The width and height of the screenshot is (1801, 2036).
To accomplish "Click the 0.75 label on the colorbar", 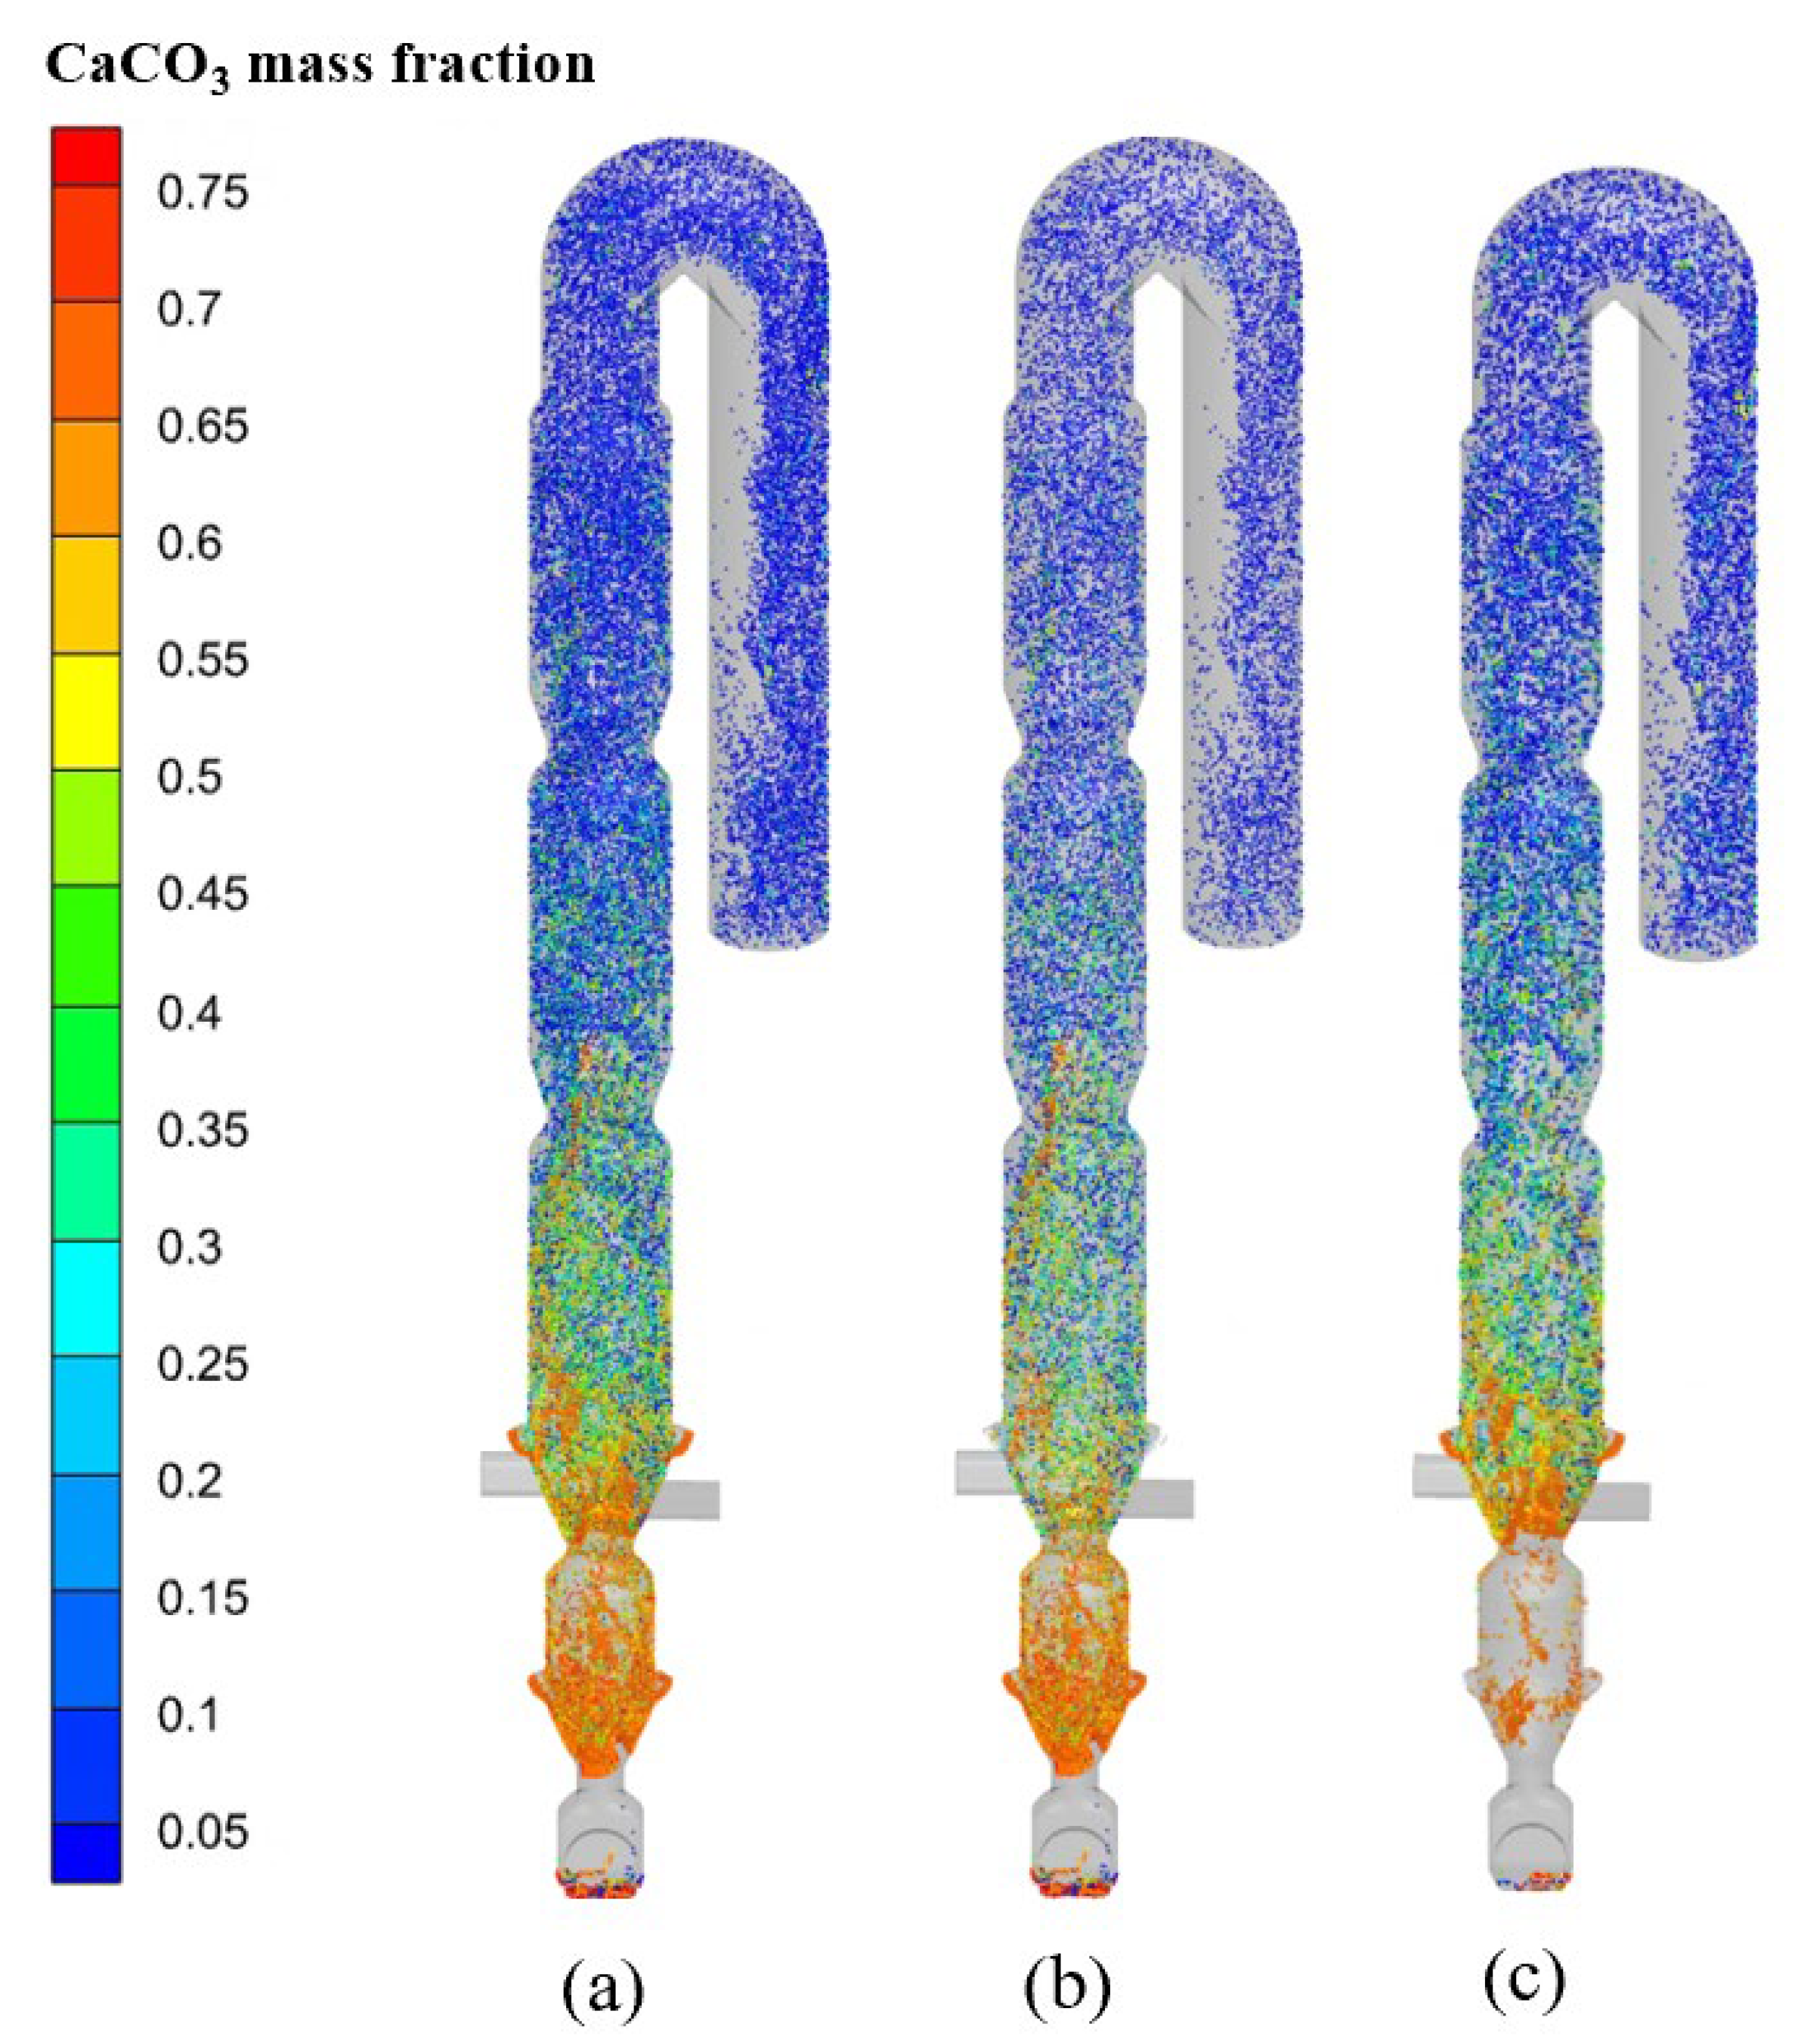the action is (203, 192).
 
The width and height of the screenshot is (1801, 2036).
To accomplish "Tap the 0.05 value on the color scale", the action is (203, 1832).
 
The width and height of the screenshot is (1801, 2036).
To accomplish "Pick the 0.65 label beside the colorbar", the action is (203, 426).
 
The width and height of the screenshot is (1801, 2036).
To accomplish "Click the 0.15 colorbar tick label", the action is (203, 1598).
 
